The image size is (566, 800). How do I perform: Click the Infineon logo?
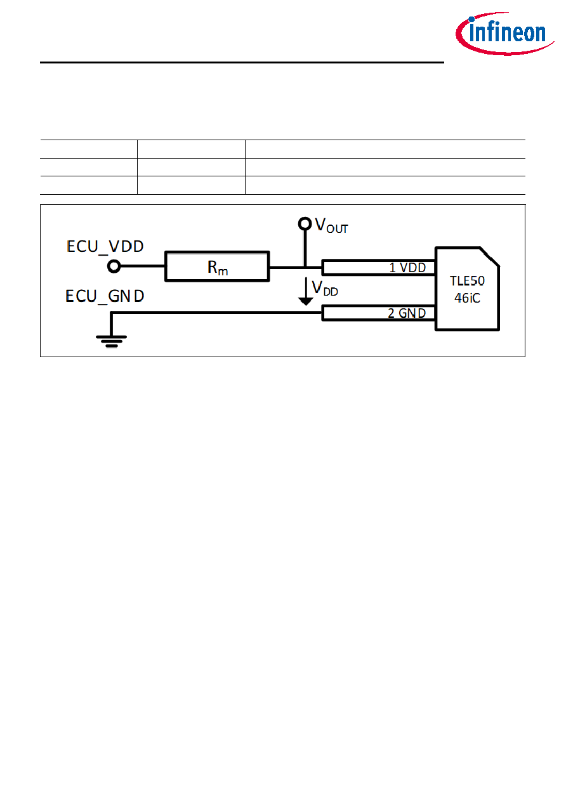[x=504, y=34]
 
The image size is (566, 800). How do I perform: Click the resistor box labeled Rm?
[x=217, y=266]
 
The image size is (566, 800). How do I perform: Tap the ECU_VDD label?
[x=105, y=246]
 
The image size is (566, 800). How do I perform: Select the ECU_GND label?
[x=105, y=296]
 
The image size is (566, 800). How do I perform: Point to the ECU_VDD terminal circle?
[x=114, y=266]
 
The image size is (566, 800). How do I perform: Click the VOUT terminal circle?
[x=305, y=224]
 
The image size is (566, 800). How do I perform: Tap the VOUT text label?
[x=331, y=226]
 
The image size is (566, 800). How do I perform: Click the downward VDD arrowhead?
[x=306, y=302]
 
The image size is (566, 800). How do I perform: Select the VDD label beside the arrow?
[x=325, y=289]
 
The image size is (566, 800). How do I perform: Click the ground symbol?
[x=112, y=341]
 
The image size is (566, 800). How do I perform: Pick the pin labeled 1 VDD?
[x=379, y=268]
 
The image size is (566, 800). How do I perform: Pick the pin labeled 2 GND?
[x=379, y=313]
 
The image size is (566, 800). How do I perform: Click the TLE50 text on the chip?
[x=467, y=281]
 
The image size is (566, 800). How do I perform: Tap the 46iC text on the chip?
[x=467, y=298]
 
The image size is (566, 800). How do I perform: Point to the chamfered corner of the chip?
[x=490, y=256]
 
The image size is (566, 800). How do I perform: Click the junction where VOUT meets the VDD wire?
[x=305, y=267]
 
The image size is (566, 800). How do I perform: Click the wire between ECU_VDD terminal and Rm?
[x=143, y=266]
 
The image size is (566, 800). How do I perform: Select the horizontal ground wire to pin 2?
[x=216, y=313]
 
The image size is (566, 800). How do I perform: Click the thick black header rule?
[x=242, y=63]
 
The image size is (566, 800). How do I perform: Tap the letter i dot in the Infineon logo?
[x=471, y=20]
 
